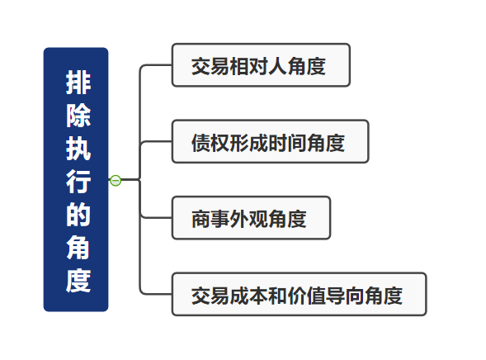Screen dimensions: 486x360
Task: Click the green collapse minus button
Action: click(x=116, y=180)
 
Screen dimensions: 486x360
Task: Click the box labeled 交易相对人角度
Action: click(x=261, y=65)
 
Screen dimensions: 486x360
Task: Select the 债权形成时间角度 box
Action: click(x=271, y=141)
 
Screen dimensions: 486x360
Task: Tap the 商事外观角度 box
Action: click(x=252, y=218)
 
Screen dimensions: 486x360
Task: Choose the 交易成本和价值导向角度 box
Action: click(x=299, y=294)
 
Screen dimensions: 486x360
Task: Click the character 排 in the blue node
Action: click(x=78, y=83)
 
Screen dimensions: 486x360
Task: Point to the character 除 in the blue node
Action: click(x=78, y=116)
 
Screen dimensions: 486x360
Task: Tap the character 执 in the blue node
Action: click(x=78, y=149)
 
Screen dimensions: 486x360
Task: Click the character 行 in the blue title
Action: click(x=78, y=182)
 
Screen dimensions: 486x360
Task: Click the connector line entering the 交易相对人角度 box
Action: click(x=156, y=65)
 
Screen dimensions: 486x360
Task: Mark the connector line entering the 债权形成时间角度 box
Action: click(x=156, y=141)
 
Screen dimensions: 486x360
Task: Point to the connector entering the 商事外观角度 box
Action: click(x=156, y=218)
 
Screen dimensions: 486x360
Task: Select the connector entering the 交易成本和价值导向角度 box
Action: click(x=156, y=294)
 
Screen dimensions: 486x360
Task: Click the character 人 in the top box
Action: click(x=278, y=66)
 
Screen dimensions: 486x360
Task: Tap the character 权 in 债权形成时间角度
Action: click(x=220, y=143)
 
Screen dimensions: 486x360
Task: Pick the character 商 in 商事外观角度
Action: click(x=201, y=219)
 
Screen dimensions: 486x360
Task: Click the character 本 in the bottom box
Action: click(x=258, y=296)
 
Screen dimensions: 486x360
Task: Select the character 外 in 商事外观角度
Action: click(x=239, y=219)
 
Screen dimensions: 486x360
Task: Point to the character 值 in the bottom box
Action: click(x=316, y=296)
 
